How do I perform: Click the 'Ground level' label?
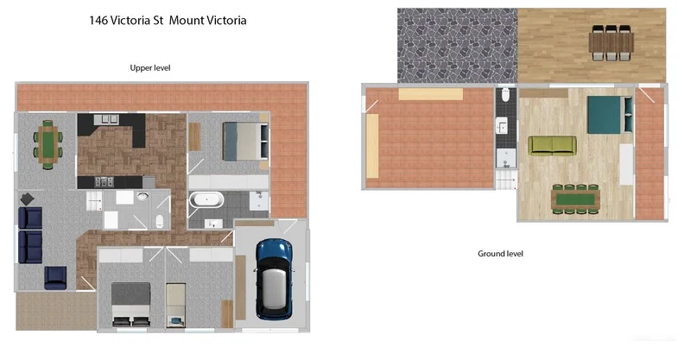pos(500,254)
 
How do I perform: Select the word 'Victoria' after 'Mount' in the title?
pos(220,20)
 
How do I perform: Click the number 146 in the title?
pos(99,20)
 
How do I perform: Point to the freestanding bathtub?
pos(206,200)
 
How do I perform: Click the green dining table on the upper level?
pos(48,142)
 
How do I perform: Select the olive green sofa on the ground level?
pos(553,145)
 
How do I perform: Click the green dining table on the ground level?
pos(574,199)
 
